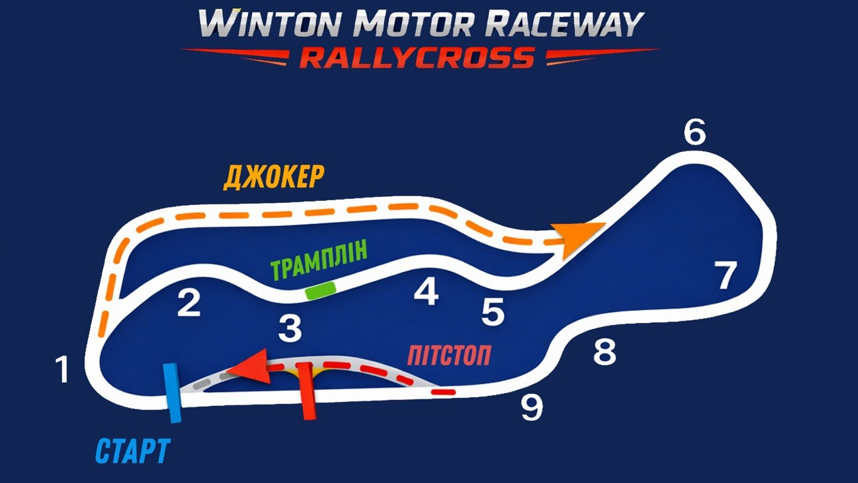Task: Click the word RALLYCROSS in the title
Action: [x=417, y=57]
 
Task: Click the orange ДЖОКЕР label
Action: [x=274, y=178]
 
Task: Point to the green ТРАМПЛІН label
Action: [x=319, y=259]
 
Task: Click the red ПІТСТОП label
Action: [x=449, y=356]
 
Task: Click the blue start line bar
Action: [x=172, y=393]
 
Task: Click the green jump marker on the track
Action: [x=321, y=290]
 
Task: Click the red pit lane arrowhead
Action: [x=249, y=367]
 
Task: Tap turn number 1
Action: [x=63, y=369]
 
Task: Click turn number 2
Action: [x=189, y=303]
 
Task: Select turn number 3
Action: [x=290, y=328]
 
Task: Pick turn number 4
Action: [x=426, y=292]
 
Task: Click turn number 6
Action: [x=695, y=131]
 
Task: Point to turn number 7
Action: [x=725, y=275]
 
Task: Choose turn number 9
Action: [x=532, y=408]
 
